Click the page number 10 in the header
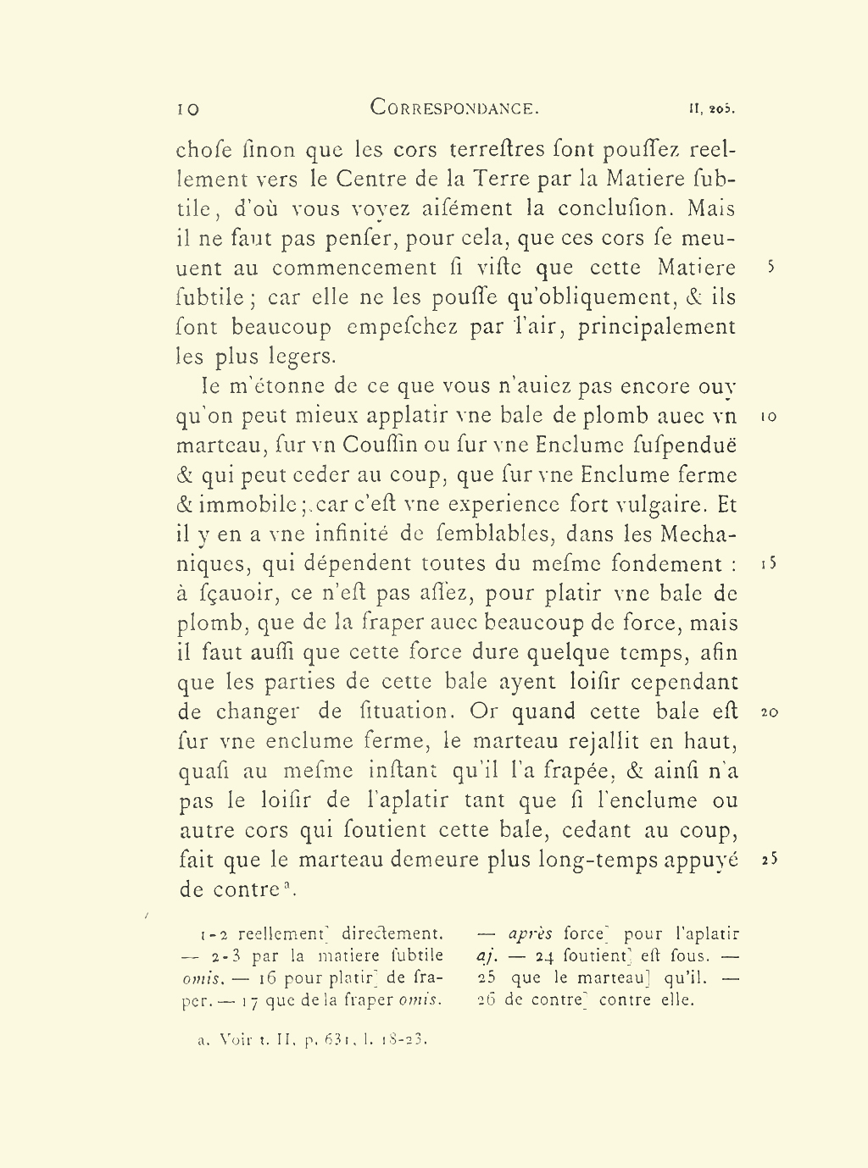tap(187, 109)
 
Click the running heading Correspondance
tap(454, 108)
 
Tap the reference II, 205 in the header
tap(711, 109)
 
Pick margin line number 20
tap(769, 712)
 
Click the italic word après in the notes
tap(530, 934)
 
